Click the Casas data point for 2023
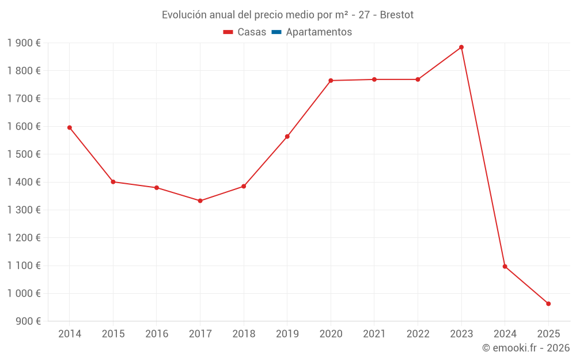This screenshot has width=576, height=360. (461, 47)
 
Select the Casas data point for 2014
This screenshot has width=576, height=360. (70, 128)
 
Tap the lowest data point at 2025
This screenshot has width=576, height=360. (548, 304)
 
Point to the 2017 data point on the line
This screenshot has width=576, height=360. (200, 201)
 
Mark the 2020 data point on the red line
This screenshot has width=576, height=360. (331, 81)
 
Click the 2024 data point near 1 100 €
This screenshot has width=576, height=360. (505, 267)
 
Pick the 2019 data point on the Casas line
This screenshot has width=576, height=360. (287, 137)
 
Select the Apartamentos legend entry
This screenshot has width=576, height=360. (319, 32)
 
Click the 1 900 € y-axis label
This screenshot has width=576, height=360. (24, 43)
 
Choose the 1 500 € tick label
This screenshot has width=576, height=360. (24, 154)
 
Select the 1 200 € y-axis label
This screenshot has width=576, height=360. (24, 238)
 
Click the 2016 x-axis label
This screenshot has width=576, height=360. (157, 334)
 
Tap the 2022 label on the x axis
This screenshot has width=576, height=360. (418, 334)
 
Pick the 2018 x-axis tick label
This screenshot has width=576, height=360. (244, 334)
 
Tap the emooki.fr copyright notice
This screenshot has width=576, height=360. (526, 348)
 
